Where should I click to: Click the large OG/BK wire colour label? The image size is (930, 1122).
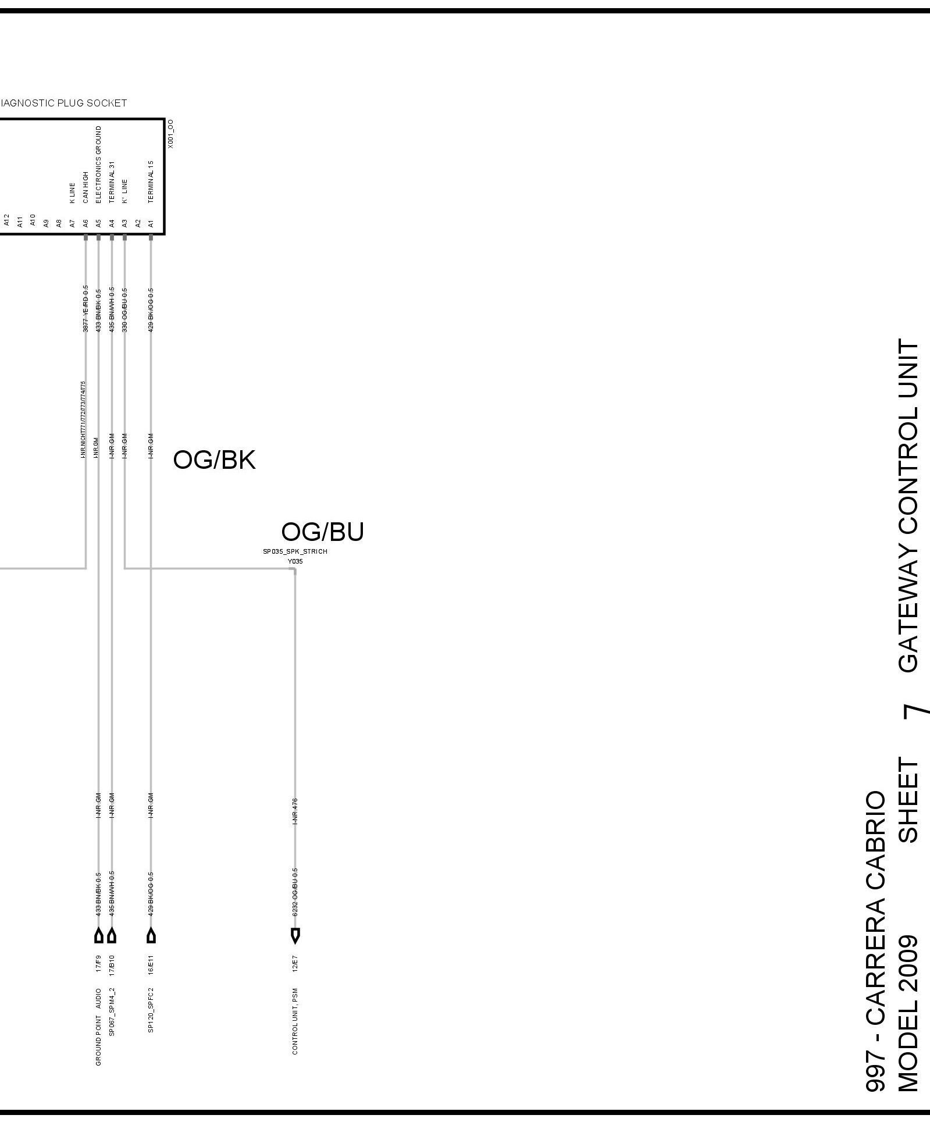coord(214,460)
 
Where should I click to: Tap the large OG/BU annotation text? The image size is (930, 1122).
coord(322,532)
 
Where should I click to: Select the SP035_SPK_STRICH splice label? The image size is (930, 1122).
coord(295,551)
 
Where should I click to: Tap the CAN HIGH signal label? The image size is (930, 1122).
coord(85,187)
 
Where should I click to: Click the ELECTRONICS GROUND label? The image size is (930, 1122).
coord(98,164)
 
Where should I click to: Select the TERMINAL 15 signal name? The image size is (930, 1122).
coord(151,181)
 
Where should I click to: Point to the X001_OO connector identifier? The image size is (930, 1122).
coord(170,134)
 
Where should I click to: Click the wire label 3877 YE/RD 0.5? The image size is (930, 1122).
coord(85,309)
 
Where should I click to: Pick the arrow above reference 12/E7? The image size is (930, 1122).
coord(295,936)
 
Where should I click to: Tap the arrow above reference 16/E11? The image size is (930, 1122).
coord(151,936)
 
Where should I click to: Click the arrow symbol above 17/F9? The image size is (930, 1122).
coord(99,936)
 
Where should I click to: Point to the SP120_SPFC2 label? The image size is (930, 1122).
coord(151,1009)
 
